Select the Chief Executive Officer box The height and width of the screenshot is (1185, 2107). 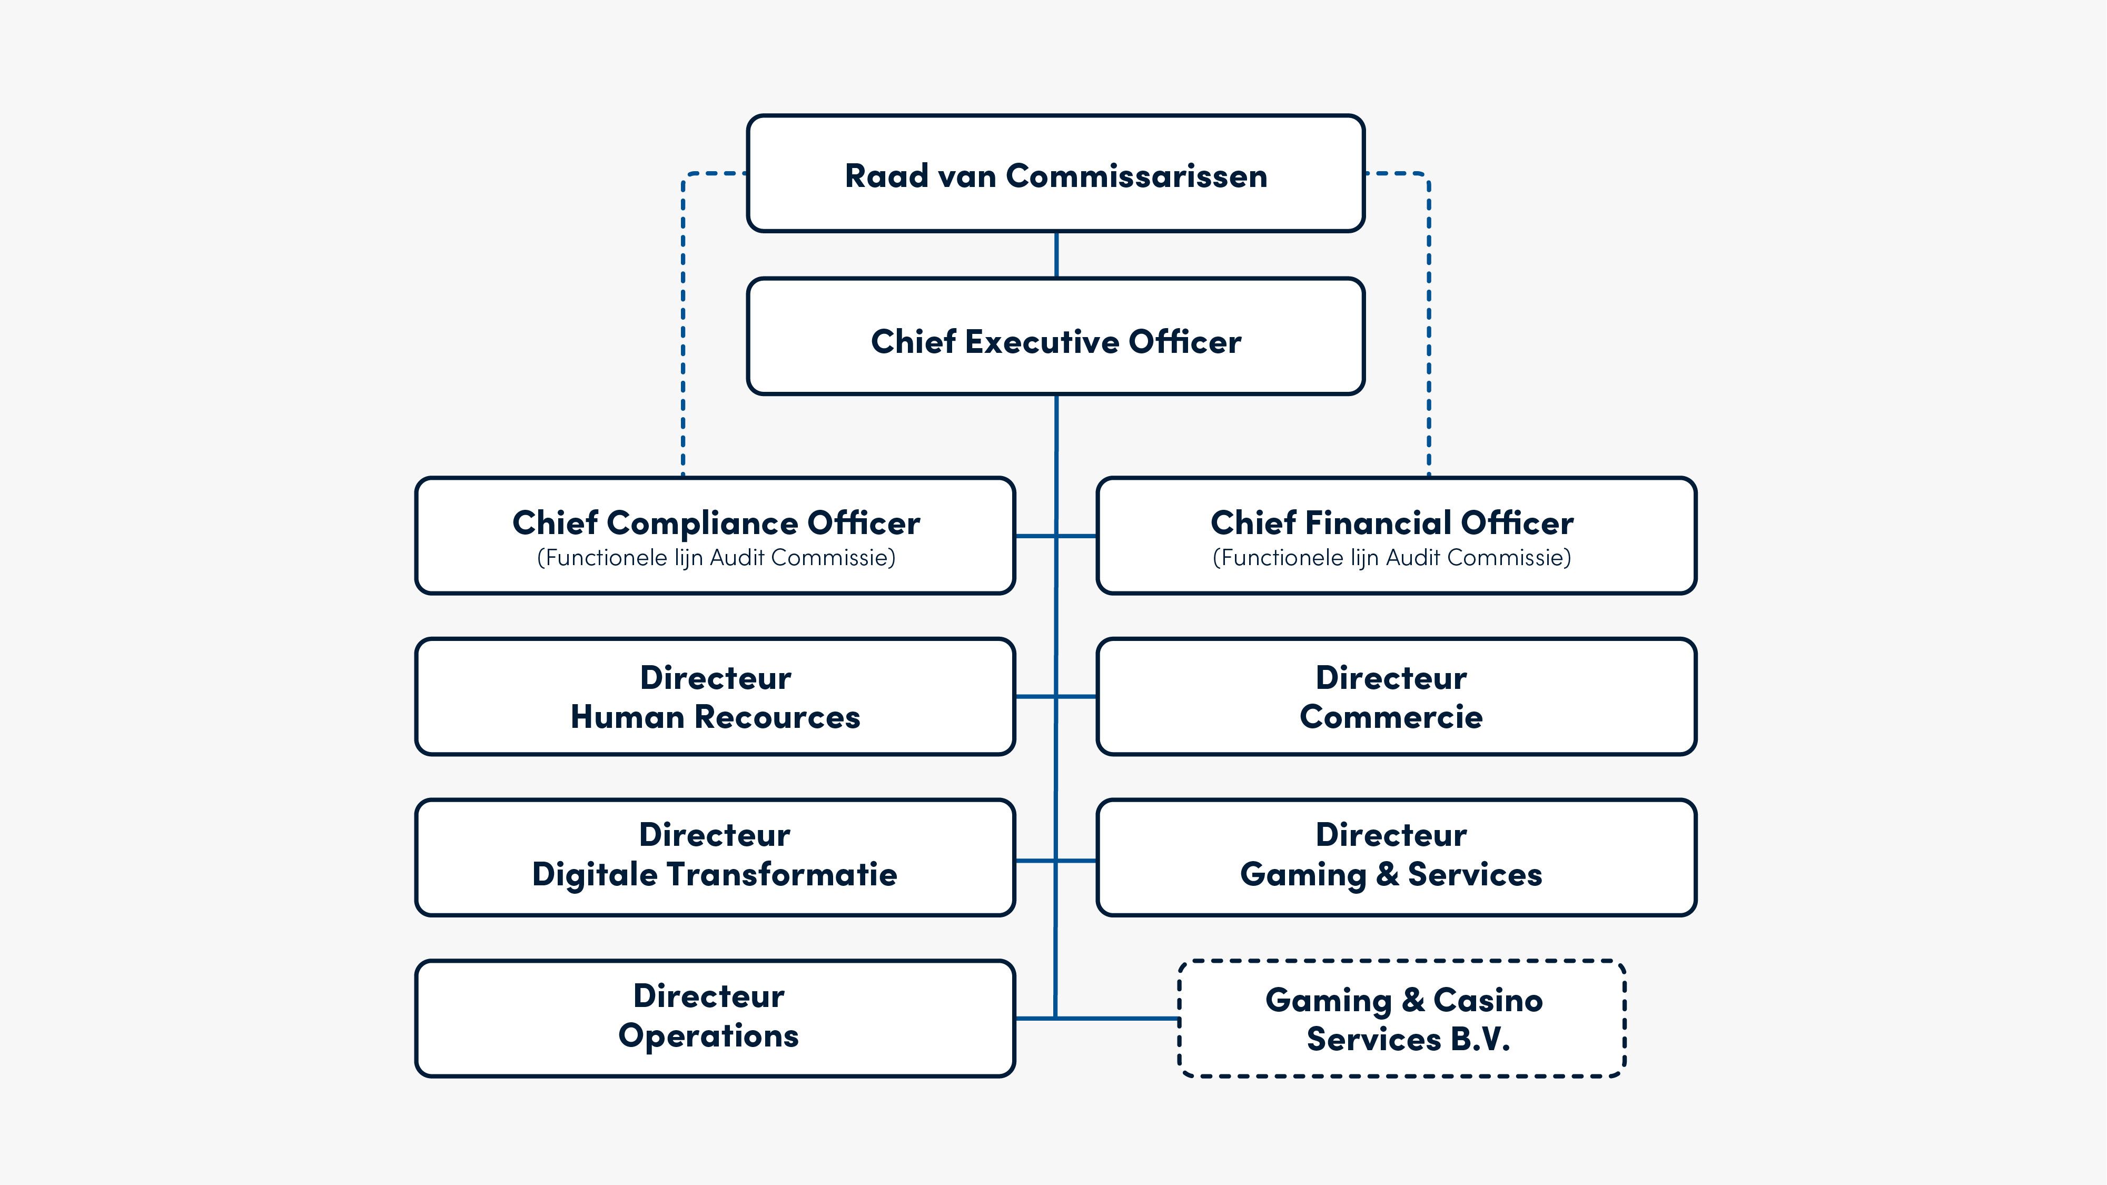1055,337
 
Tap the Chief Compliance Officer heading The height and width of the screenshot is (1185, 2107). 716,522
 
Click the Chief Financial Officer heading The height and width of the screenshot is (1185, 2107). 1391,522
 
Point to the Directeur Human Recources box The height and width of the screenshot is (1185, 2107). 715,697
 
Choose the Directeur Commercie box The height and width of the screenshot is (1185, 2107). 1396,697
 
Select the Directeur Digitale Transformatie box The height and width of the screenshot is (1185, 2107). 715,857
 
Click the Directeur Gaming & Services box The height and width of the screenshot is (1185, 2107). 1396,857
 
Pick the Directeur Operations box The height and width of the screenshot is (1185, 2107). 715,1018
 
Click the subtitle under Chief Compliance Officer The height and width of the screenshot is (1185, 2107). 716,558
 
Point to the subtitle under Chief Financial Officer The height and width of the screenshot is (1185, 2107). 1391,558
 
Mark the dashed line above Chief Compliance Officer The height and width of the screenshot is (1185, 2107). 683,327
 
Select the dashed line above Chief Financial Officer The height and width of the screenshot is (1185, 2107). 1429,327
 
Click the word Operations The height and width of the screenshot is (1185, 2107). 708,1036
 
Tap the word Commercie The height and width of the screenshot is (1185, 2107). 1390,717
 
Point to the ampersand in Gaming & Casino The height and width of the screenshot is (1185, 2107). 1412,1000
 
